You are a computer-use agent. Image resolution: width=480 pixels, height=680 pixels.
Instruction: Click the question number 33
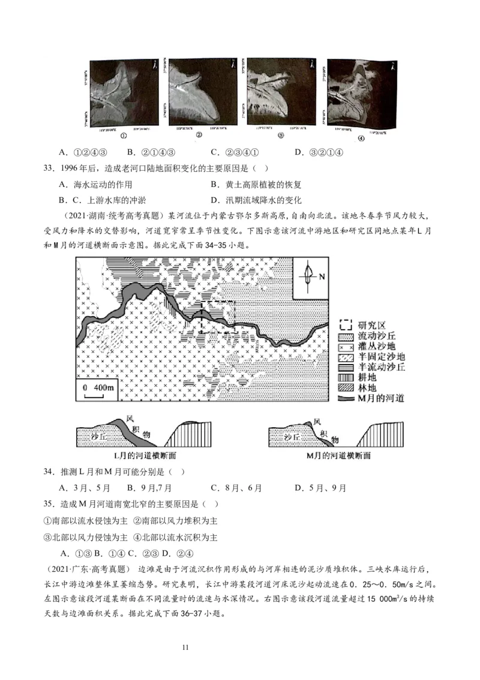click(x=50, y=169)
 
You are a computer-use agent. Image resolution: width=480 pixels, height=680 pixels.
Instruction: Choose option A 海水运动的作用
click(x=95, y=184)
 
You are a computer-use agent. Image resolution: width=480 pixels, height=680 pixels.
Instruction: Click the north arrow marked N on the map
click(x=311, y=277)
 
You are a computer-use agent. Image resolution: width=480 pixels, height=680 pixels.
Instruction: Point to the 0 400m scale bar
click(x=98, y=389)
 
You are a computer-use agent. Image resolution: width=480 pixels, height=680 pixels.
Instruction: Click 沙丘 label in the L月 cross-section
click(x=94, y=437)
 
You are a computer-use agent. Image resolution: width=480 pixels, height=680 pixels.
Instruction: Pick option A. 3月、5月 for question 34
click(x=84, y=488)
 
